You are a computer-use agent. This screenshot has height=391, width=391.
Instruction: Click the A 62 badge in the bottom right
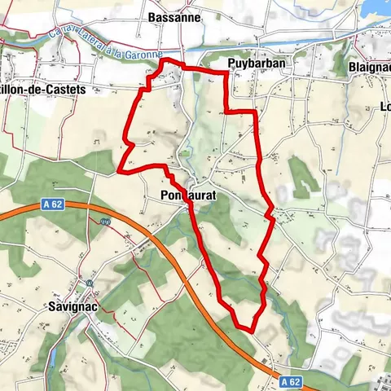(x=291, y=380)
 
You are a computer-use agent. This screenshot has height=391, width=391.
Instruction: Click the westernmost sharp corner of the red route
(x=119, y=171)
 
